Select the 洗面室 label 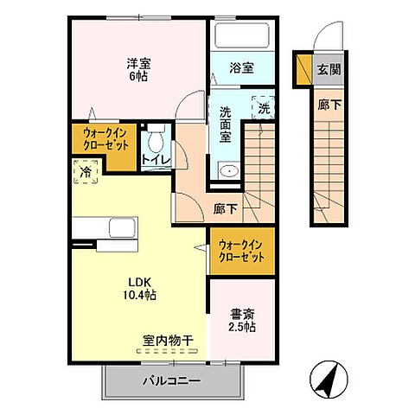(x=226, y=123)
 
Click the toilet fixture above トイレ (x=156, y=137)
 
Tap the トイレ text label (x=156, y=160)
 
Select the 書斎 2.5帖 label (x=241, y=321)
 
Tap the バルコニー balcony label (x=171, y=380)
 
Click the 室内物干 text (x=169, y=342)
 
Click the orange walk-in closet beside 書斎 (x=241, y=251)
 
